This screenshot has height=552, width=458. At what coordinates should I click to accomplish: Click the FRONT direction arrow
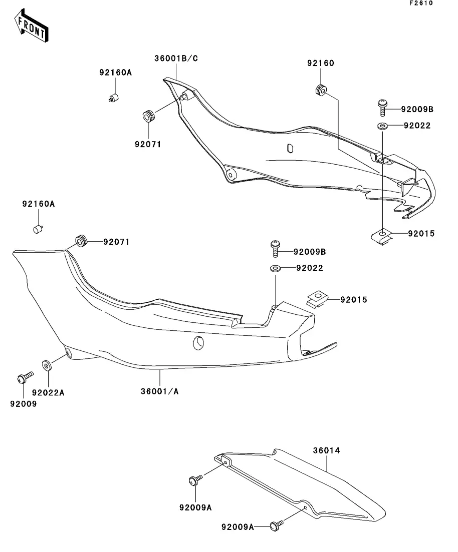[31, 26]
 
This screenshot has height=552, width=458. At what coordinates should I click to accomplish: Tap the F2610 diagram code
[421, 3]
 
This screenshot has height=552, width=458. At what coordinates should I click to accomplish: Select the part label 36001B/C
[176, 59]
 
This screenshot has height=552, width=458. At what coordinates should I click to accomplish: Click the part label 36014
[327, 450]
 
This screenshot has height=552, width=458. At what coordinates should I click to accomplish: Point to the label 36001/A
[160, 391]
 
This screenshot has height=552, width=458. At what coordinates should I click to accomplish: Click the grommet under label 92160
[321, 90]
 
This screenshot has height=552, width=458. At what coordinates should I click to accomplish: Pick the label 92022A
[48, 392]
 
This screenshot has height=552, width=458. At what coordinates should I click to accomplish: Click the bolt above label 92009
[25, 377]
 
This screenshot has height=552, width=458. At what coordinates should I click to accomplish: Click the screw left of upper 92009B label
[382, 108]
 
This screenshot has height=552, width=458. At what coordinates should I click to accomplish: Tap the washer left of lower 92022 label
[276, 269]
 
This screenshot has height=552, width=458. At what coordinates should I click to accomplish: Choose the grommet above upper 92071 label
[149, 116]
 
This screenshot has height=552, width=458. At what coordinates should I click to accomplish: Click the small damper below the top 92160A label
[114, 98]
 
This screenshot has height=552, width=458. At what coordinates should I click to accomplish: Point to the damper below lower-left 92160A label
[38, 229]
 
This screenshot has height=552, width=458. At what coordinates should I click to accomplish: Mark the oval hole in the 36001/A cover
[198, 343]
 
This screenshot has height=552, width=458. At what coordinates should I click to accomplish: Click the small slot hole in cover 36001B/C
[290, 149]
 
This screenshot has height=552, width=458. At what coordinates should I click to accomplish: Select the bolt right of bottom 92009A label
[277, 525]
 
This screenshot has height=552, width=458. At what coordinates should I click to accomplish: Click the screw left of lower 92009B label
[276, 249]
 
